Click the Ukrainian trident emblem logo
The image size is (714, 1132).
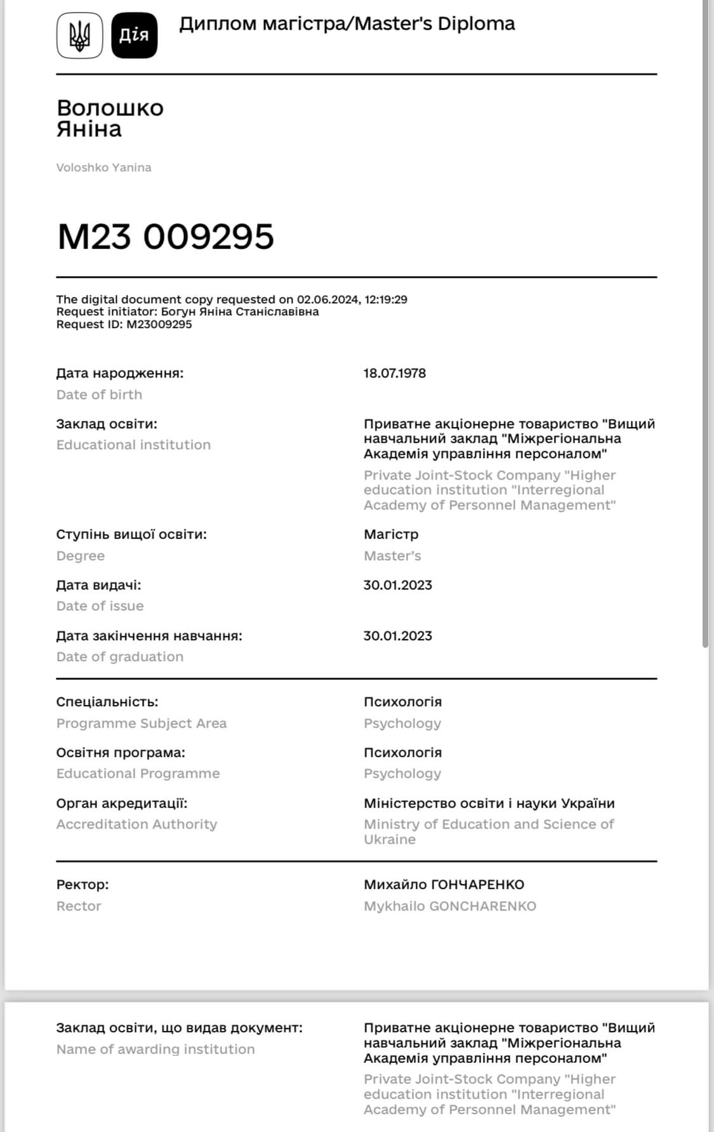[x=79, y=36]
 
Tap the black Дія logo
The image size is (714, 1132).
[x=134, y=36]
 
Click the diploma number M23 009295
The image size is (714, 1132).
[x=166, y=237]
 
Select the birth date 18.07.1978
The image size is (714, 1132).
[x=394, y=373]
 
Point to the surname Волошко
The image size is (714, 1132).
[x=110, y=108]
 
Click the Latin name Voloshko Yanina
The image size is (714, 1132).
[x=103, y=168]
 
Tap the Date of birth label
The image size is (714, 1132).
[x=99, y=395]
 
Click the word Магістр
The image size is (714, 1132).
[x=391, y=534]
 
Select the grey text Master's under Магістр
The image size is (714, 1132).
[x=392, y=556]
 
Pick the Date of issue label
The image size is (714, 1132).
[x=100, y=606]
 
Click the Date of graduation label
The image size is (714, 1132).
[x=119, y=657]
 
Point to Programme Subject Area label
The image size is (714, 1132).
[x=141, y=723]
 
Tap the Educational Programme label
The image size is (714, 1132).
[x=138, y=773]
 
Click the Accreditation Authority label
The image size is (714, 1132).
[x=136, y=824]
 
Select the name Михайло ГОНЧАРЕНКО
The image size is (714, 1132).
[x=444, y=885]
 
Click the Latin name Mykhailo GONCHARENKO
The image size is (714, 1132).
[x=449, y=906]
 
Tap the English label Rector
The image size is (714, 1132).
[x=79, y=906]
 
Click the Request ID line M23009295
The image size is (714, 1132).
[x=124, y=324]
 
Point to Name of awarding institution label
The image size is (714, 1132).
[x=155, y=1050]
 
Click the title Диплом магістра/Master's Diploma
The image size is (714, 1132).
[x=347, y=24]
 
